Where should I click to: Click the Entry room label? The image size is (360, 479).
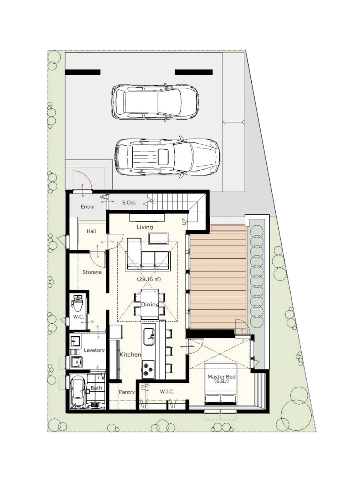(x=87, y=207)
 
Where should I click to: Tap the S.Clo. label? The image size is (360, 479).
(x=129, y=203)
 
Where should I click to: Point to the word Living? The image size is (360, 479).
(x=145, y=227)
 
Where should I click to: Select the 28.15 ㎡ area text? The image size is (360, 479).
(x=149, y=279)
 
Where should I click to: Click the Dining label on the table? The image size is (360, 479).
(x=150, y=305)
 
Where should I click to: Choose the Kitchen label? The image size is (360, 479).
(x=130, y=355)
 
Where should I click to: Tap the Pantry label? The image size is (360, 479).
(x=127, y=392)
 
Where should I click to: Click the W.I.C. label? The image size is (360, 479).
(x=167, y=392)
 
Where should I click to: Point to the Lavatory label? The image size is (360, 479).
(x=94, y=350)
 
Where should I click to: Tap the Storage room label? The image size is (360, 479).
(x=92, y=272)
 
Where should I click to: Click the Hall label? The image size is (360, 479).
(x=91, y=231)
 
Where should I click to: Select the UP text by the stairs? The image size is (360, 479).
(x=184, y=222)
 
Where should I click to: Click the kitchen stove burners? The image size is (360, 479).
(x=149, y=368)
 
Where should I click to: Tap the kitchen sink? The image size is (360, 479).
(x=149, y=337)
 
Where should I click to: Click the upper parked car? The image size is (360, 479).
(x=155, y=101)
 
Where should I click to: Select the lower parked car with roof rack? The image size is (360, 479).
(x=168, y=157)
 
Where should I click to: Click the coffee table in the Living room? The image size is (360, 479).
(x=158, y=239)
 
